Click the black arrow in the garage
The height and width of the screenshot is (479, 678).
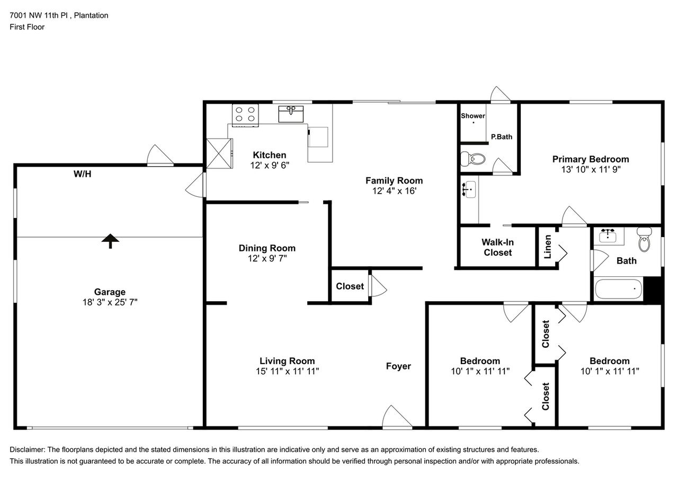click(110, 241)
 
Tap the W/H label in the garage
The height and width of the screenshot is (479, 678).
click(82, 174)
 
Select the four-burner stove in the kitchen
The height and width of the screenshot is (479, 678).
click(245, 115)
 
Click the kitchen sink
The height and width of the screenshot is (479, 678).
click(291, 114)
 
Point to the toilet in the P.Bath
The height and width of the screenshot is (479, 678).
click(472, 159)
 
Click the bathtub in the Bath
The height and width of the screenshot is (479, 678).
click(618, 289)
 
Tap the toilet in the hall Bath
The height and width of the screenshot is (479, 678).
click(644, 239)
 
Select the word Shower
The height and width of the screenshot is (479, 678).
click(473, 116)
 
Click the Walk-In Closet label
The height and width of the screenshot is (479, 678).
click(497, 247)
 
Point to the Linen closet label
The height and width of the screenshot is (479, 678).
click(548, 247)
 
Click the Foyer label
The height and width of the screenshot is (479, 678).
click(398, 366)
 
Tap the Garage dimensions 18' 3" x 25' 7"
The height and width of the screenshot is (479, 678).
click(110, 302)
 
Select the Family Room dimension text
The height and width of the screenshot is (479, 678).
click(395, 191)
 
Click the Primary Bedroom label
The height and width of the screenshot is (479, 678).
click(591, 159)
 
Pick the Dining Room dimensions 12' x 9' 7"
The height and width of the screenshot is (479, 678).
click(267, 258)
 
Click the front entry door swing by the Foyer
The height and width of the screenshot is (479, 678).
click(397, 417)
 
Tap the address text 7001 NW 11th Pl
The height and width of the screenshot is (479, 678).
click(39, 15)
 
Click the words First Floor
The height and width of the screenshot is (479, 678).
click(27, 27)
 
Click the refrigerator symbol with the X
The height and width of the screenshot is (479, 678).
click(219, 153)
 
